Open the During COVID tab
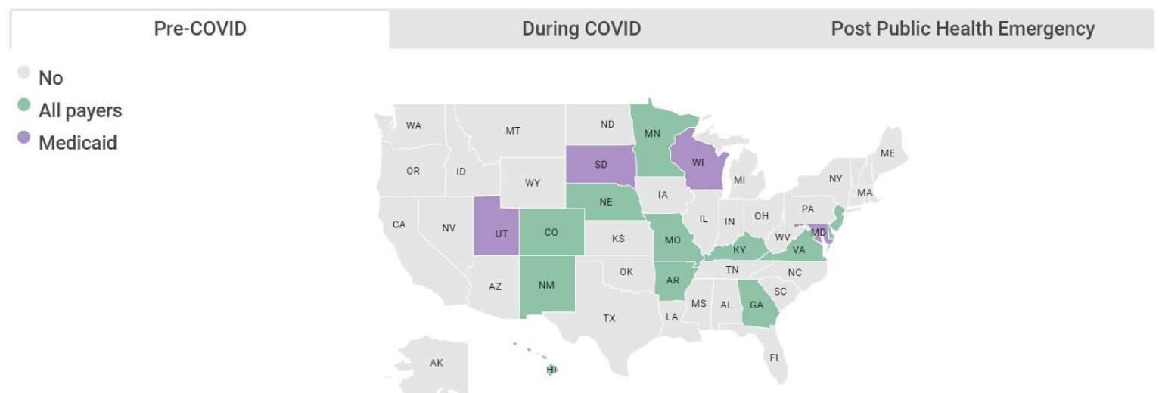coord(581,29)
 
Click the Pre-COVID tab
coord(200,29)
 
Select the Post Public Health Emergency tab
coord(962,29)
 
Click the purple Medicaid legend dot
coord(24,138)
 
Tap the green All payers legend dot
coord(24,105)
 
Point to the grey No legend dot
coord(24,73)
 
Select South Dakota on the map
coord(601,164)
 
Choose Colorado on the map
coord(551,232)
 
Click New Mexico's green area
coord(546,285)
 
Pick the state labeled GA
coord(756,305)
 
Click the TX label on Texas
coord(609,318)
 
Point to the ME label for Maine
coord(887,153)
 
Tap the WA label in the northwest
coord(413,125)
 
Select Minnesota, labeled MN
coord(652,134)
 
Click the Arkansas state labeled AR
coord(673,280)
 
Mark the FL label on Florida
coord(775,357)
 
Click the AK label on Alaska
coord(437,363)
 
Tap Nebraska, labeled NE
coord(606,202)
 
